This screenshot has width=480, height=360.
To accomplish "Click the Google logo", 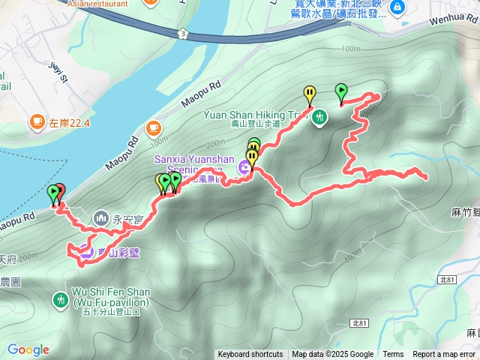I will coord(28,349).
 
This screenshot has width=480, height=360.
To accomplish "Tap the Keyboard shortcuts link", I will coord(250,355).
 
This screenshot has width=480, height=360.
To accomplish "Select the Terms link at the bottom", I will coord(393,355).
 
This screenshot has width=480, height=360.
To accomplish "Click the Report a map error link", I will coord(445,355).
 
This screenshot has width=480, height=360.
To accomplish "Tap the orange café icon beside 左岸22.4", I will coord(36,120).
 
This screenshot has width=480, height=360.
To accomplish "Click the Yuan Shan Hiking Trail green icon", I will coord(320,116).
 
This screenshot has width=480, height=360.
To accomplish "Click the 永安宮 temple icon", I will coord(101,217).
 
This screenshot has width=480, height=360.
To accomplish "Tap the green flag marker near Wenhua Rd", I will coord(341,92).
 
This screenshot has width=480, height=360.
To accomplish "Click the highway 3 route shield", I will coord(182,33).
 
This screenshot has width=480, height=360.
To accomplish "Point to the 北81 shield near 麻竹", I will coord(447,279).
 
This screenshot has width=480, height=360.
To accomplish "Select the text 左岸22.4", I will coord(70,121).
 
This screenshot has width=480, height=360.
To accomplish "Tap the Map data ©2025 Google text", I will coord(333,355).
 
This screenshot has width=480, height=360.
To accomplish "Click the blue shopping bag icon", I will coord(397,7).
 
